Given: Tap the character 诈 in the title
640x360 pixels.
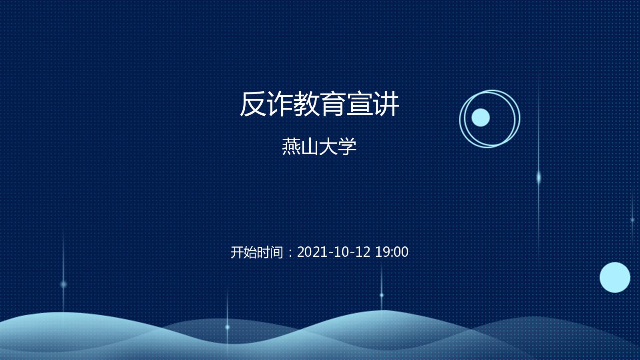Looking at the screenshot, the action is click(x=280, y=104).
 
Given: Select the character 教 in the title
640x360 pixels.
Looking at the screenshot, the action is click(x=306, y=104).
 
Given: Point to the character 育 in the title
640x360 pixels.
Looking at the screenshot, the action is click(x=332, y=104).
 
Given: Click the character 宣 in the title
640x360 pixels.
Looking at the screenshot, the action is click(x=359, y=104).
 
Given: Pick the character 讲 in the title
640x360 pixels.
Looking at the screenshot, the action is click(x=386, y=104).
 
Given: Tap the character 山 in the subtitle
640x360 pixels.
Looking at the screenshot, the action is click(x=310, y=146).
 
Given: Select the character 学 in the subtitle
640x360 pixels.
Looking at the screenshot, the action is click(x=347, y=146).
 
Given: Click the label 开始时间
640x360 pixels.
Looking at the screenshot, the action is click(x=256, y=252).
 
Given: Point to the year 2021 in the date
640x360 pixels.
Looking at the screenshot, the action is click(x=312, y=252).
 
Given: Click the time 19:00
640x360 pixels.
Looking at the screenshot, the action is click(x=392, y=252).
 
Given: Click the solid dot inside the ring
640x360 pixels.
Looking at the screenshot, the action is click(x=480, y=118).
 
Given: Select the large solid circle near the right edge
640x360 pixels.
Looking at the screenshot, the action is click(x=615, y=278).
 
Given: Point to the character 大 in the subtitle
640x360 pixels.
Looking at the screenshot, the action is click(x=328, y=146).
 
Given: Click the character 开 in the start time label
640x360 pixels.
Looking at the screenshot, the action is click(x=237, y=252).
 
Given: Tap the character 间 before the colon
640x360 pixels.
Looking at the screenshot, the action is click(x=276, y=252).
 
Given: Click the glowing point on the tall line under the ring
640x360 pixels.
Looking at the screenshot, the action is click(x=538, y=178).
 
